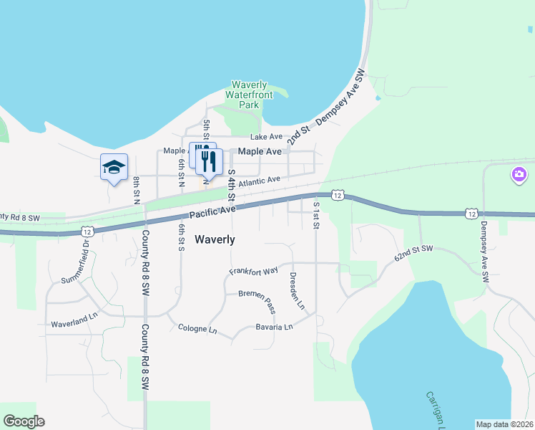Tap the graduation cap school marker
[x=114, y=167]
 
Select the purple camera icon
[x=519, y=175]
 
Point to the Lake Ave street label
[x=266, y=137]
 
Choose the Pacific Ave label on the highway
[x=212, y=211]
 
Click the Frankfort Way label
[x=253, y=272]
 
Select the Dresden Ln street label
[x=298, y=290]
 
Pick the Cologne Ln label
[x=197, y=330]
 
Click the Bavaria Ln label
[x=275, y=328]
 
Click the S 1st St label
[x=316, y=215]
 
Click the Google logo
[x=24, y=421]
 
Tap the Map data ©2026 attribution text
[x=504, y=424]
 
